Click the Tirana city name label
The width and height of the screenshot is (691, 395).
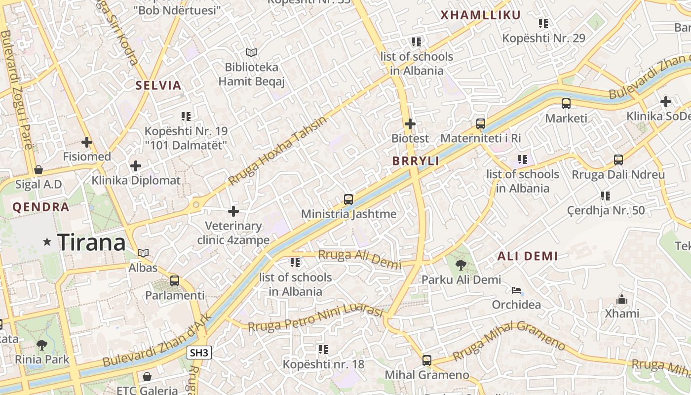coord(91,242)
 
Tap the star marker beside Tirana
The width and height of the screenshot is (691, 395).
coord(47,242)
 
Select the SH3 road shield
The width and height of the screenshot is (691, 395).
coord(199,353)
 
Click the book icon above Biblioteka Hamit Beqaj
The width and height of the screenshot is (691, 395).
coord(251,52)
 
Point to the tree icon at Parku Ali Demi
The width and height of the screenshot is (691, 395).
coord(461,265)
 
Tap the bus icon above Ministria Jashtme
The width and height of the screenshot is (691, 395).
coord(348,199)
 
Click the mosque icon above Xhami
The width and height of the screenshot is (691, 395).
coord(622,299)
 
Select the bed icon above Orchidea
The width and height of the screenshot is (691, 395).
coord(516,290)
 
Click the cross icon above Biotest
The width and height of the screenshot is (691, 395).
coord(410,124)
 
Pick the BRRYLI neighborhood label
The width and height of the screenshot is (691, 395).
coord(416,161)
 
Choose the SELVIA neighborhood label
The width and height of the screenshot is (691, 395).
coord(158,85)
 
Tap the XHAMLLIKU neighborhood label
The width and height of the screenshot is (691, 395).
coord(480,15)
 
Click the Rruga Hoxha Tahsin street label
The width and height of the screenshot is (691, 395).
coord(278,152)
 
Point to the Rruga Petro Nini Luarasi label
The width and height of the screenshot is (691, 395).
coord(315,319)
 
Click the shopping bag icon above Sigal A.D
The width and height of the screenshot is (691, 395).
coord(38,170)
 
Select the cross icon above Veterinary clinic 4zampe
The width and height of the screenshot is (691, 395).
coord(233,212)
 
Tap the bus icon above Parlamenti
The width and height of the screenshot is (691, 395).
coord(175,281)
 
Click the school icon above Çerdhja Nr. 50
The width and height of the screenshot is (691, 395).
coord(606,196)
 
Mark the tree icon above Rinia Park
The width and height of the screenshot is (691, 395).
coord(42,345)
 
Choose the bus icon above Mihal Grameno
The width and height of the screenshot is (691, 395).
coord(427,360)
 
